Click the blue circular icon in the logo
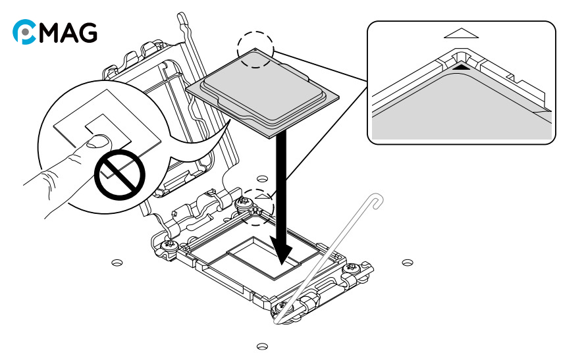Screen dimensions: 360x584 24,32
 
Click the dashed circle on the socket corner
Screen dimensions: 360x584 255,207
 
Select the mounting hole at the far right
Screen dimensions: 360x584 408,263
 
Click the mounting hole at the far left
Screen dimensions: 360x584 117,263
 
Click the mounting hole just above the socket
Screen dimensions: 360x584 262,178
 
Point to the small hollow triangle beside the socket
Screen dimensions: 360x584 263,195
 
